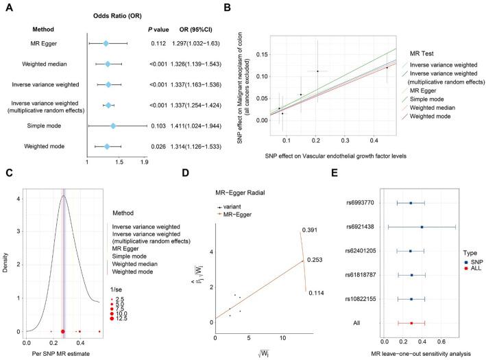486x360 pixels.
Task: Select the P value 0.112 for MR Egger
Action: click(x=158, y=44)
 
